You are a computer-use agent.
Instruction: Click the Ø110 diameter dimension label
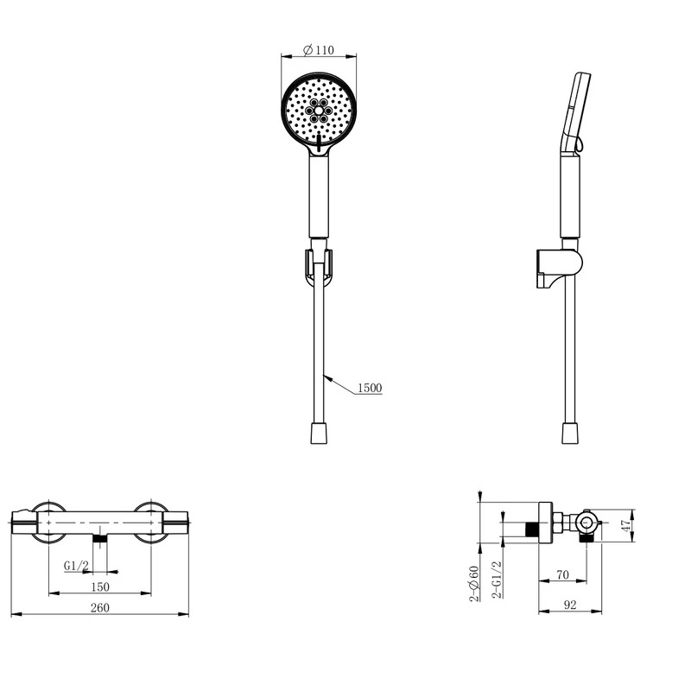pos(319,50)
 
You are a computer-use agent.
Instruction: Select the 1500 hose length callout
pos(370,388)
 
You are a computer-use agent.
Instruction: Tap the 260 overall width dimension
pos(100,608)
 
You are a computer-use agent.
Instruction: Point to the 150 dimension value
pos(100,587)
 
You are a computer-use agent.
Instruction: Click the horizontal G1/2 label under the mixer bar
pos(77,566)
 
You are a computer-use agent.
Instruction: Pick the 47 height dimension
pos(626,525)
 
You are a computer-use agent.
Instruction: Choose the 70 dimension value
pos(563,574)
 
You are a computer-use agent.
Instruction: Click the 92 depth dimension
pos(570,605)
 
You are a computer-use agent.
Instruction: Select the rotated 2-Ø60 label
pos(474,584)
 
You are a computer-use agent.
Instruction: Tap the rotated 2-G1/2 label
pos(497,579)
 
